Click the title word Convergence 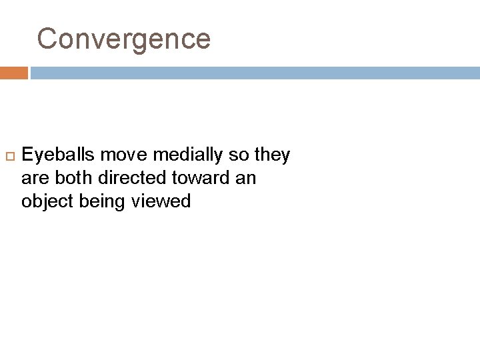124,39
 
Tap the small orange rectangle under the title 13,73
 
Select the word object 47,201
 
